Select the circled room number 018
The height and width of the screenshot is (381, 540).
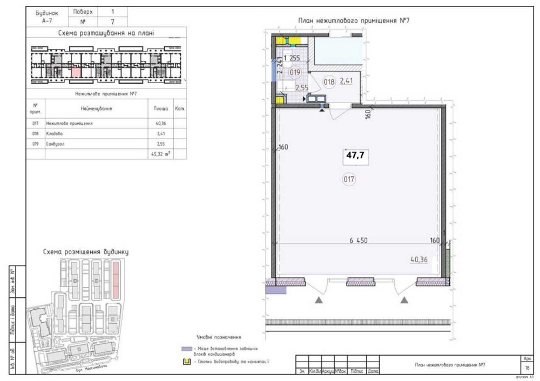pyautogui.click(x=329, y=82)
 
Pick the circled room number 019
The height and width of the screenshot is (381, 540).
pyautogui.click(x=294, y=72)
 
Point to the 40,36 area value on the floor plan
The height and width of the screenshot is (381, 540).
pyautogui.click(x=419, y=260)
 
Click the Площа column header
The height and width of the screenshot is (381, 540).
pyautogui.click(x=161, y=108)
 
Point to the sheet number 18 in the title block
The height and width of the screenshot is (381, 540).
pyautogui.click(x=526, y=367)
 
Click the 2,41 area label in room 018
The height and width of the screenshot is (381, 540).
pyautogui.click(x=346, y=81)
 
